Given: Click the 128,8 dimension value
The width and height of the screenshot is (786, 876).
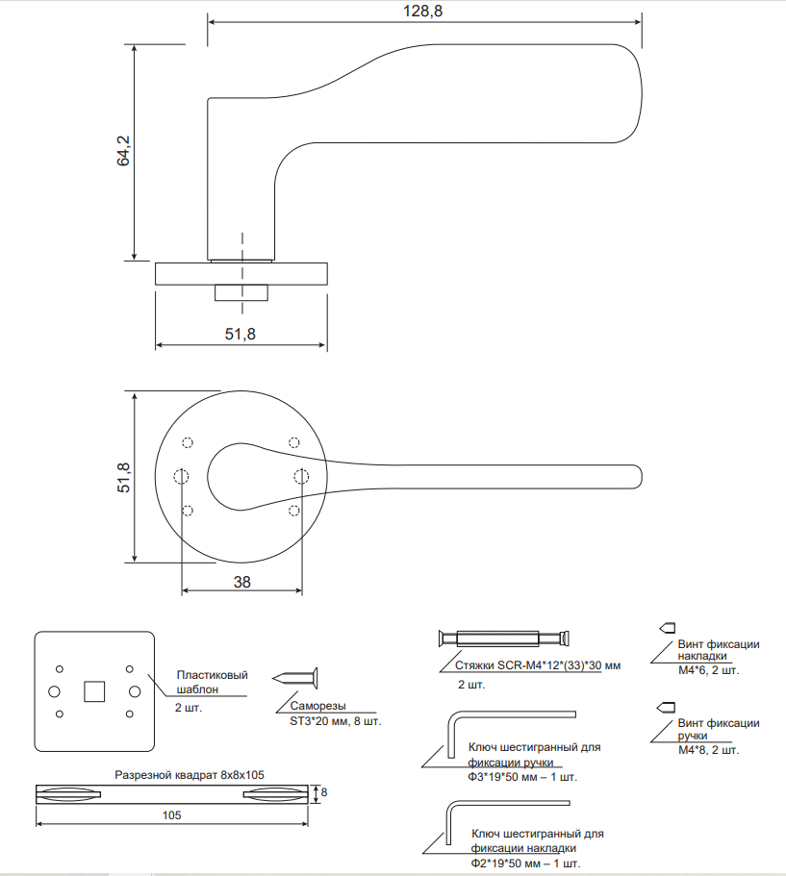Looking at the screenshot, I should (424, 10).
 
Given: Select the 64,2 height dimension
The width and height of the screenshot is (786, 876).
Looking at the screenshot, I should (123, 151).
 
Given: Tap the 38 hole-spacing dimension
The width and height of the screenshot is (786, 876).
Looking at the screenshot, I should (241, 581).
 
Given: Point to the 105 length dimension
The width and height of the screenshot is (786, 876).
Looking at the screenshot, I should (172, 815).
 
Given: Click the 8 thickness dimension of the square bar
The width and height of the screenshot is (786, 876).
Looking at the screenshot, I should (324, 792).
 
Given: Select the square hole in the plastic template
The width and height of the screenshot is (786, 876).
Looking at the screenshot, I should (94, 690).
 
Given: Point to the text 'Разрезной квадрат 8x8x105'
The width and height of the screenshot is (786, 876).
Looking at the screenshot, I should (190, 774).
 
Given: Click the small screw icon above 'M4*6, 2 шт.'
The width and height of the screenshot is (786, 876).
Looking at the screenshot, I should (665, 628).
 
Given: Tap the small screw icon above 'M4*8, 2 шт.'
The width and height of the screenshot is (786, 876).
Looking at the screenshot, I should (665, 707).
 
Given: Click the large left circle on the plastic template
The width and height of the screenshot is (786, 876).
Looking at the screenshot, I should (54, 690).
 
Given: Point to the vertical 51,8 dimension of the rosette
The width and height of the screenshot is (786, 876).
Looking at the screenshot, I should (123, 477).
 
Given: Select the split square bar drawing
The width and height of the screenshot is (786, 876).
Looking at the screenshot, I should (173, 793).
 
